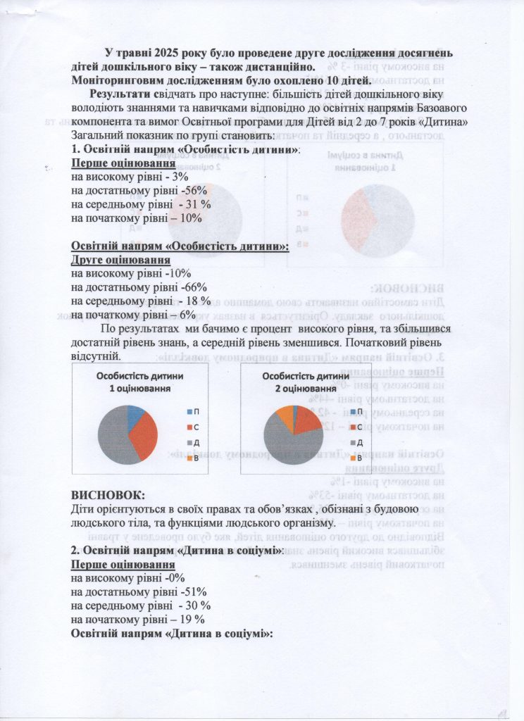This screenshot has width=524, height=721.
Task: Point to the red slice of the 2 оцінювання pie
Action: coord(306,420)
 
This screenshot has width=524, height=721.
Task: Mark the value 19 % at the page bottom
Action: coord(190,620)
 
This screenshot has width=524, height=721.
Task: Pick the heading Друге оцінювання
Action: coord(118,259)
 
